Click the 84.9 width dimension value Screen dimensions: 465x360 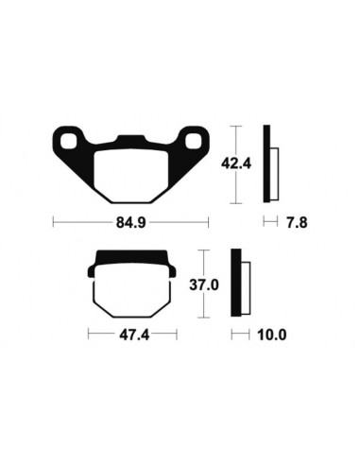tap(130, 224)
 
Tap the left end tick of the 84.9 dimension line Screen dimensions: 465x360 tap(53, 223)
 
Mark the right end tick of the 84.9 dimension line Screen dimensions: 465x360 tap(208, 223)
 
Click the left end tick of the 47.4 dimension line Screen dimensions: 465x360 tap(88, 335)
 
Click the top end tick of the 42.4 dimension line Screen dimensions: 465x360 tap(234, 126)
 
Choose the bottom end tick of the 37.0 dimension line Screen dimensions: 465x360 tap(201, 318)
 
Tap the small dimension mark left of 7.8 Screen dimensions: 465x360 tap(267, 224)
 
